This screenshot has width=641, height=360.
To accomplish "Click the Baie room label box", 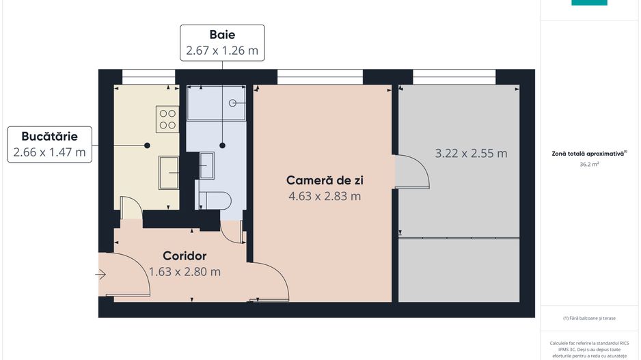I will pyautogui.click(x=221, y=42).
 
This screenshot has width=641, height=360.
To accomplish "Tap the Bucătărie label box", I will pyautogui.click(x=49, y=144).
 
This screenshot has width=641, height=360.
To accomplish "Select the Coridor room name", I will pyautogui.click(x=185, y=256).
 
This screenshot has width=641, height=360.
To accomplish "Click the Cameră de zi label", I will pyautogui.click(x=325, y=180).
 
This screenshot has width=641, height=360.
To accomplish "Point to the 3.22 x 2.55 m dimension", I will pyautogui.click(x=471, y=154).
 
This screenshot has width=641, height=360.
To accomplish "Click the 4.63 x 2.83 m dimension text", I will pyautogui.click(x=325, y=197).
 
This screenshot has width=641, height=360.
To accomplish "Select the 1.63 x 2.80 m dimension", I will pyautogui.click(x=185, y=271).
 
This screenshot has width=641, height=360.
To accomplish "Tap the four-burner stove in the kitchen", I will pyautogui.click(x=167, y=118).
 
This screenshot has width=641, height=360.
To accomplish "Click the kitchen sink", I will pyautogui.click(x=168, y=172).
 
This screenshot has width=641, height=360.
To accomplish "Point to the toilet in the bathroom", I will pyautogui.click(x=215, y=199).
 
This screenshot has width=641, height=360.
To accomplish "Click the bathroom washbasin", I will pyautogui.click(x=206, y=165).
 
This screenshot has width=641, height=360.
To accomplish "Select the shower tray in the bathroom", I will pyautogui.click(x=215, y=103).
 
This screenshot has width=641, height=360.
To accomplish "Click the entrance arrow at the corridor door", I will pyautogui.click(x=100, y=275).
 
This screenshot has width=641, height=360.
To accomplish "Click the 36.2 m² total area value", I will pyautogui.click(x=590, y=165).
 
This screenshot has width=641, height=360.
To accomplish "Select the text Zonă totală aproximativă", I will pyautogui.click(x=588, y=154).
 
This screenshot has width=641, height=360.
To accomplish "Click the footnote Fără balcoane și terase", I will pyautogui.click(x=589, y=318).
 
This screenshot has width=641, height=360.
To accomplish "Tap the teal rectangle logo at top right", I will pyautogui.click(x=589, y=3).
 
